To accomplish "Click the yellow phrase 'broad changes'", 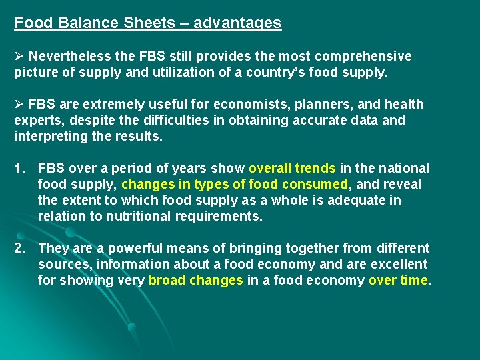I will coord(195,280).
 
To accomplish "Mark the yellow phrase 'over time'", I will coord(398,280).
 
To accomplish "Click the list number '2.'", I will coord(21,248).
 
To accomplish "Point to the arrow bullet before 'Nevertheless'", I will coord(19,56).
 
